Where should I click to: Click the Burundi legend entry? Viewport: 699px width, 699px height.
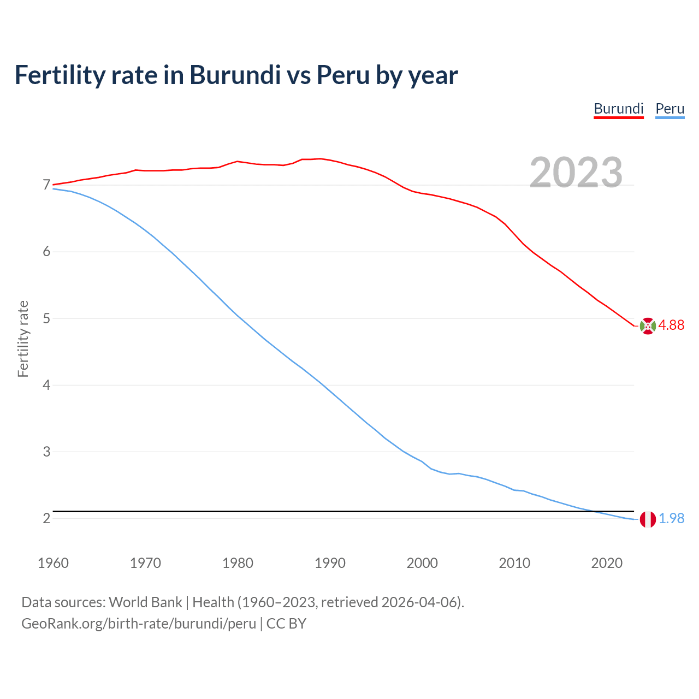coord(618,109)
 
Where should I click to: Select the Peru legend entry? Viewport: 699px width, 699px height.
coord(670,109)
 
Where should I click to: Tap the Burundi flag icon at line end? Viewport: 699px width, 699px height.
coord(647,326)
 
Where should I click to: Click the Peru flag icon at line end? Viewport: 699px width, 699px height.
coord(647,519)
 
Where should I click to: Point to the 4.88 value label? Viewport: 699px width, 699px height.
coord(671,325)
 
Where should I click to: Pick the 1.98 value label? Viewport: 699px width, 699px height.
coord(671,518)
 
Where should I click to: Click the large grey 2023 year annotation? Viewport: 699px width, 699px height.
coord(576,173)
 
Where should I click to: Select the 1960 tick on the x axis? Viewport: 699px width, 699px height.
coord(53,563)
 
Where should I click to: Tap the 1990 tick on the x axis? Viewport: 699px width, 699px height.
coord(330,563)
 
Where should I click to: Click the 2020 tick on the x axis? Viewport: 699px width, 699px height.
coord(607,563)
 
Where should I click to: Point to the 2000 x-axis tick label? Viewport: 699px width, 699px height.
coord(422,563)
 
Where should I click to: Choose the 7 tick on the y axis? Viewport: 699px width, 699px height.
coord(46,185)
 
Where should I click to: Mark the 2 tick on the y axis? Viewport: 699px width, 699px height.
coord(46,518)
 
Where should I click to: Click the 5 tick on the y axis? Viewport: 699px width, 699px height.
coord(46,318)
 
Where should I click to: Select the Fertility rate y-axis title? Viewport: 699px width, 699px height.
coord(23,339)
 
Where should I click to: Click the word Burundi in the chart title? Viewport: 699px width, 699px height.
coord(235,75)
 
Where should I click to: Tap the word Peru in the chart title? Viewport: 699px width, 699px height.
coord(343,75)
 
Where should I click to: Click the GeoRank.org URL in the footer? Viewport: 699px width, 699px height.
coord(139,623)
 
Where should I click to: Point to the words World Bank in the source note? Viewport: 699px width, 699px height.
coord(145,602)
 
